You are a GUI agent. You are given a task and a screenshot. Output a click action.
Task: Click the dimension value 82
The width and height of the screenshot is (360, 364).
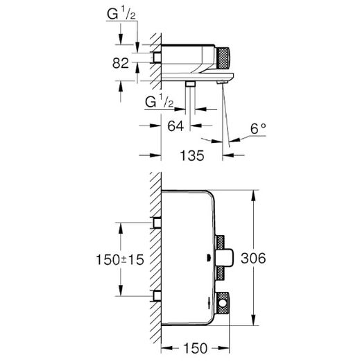(x=120, y=63)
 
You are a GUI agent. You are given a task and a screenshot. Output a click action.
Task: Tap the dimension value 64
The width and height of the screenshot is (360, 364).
(x=175, y=126)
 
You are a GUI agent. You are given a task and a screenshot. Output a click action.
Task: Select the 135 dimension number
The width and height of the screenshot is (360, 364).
(x=192, y=155)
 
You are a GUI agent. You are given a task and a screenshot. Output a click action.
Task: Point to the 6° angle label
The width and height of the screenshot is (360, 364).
(x=258, y=128)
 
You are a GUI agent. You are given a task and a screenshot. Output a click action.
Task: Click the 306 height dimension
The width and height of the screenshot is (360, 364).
(x=253, y=258)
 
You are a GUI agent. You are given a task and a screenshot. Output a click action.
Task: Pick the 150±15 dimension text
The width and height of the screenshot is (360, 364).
(x=120, y=259)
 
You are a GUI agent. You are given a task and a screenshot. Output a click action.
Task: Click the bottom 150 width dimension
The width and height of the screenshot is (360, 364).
(x=196, y=348)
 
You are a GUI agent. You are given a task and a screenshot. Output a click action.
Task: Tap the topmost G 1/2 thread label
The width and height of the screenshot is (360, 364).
(x=121, y=14)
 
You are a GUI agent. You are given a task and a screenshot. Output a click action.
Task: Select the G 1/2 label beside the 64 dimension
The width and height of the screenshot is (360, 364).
(x=160, y=101)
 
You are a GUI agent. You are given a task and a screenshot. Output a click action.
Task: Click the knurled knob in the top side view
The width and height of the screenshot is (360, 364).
(x=223, y=58)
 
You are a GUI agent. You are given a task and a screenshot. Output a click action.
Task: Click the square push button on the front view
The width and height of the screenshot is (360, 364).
(x=225, y=258)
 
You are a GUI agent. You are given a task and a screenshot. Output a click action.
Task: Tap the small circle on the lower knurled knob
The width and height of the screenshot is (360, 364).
(x=223, y=303)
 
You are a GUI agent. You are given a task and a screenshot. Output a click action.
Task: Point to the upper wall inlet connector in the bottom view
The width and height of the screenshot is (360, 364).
(x=157, y=223)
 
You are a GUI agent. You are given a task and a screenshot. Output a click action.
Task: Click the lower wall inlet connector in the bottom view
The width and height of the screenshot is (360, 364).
(x=157, y=296)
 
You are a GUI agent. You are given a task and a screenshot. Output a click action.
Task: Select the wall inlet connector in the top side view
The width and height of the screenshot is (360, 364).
(x=157, y=58)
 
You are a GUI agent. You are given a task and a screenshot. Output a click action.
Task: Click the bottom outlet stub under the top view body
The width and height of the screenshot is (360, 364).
(x=190, y=84)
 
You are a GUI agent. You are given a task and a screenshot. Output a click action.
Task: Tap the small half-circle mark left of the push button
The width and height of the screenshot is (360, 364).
(x=209, y=258)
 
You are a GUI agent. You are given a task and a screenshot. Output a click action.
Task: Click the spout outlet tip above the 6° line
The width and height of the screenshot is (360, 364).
(x=223, y=83)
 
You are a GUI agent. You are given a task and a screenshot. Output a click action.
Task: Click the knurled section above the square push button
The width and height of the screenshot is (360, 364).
(x=220, y=243)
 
